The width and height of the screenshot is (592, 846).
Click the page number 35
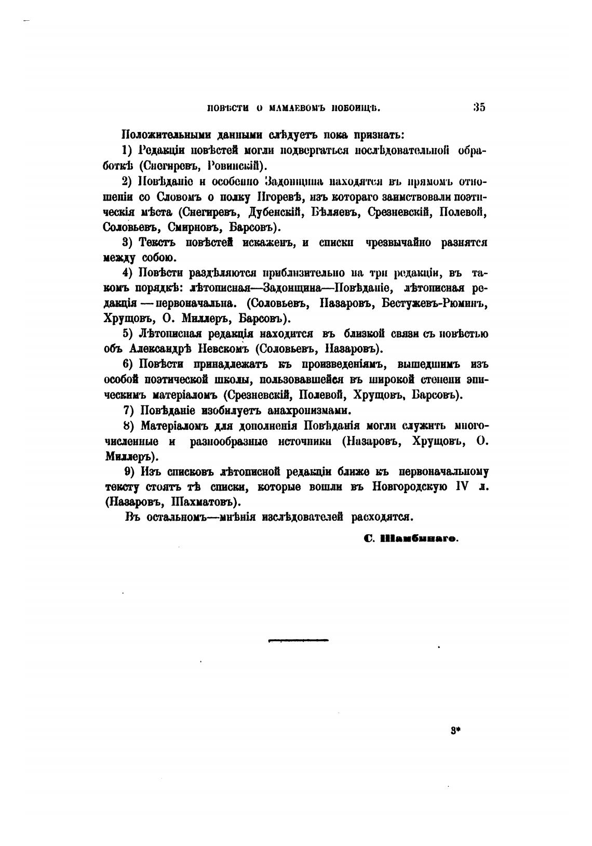tap(479, 108)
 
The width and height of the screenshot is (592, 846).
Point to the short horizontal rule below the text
tap(298, 640)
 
